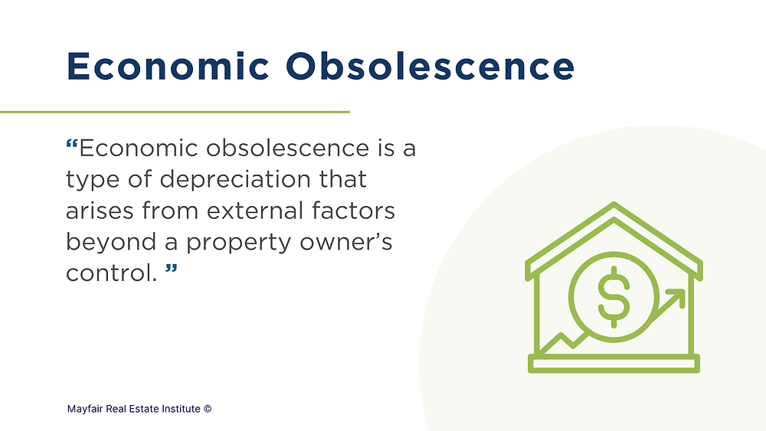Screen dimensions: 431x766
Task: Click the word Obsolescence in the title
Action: coord(430,67)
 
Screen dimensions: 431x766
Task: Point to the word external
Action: coord(267,211)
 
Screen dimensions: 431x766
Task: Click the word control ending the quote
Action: coord(109,273)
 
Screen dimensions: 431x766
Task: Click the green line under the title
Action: coord(175,112)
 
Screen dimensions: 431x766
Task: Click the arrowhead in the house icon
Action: coord(676,296)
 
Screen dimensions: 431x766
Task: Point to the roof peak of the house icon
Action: coord(613,206)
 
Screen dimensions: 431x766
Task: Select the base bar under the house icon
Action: coord(613,364)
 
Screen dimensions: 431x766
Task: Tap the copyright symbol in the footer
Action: coord(208,409)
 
